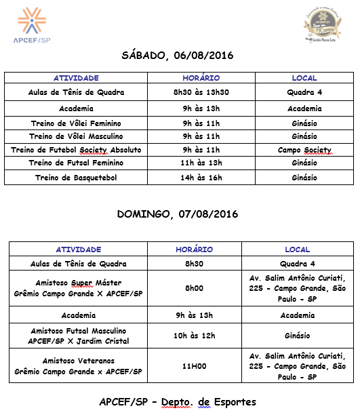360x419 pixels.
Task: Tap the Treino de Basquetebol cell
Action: click(x=77, y=178)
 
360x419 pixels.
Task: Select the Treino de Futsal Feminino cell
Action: click(x=77, y=163)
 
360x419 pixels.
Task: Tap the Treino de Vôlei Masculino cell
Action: click(x=77, y=136)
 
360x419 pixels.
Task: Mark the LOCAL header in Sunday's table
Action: click(x=297, y=250)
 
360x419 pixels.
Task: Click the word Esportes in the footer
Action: click(x=232, y=402)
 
